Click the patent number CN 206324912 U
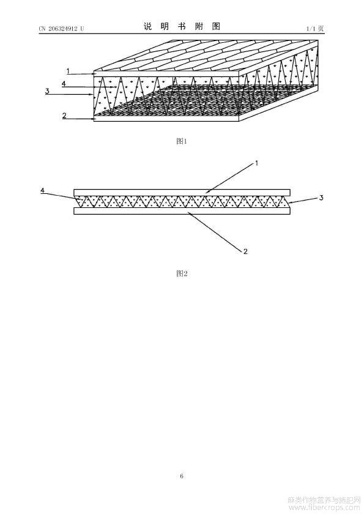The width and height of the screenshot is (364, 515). pos(61,28)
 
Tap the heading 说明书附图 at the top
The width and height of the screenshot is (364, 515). pos(182,26)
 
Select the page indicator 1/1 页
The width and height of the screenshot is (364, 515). pos(315,29)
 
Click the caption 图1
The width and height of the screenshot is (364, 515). pos(182,141)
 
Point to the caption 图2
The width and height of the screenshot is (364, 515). pos(182,273)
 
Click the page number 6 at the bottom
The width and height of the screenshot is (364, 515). pos(182,476)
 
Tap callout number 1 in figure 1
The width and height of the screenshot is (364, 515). pos(68,71)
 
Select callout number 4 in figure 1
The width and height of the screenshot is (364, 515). pos(64,84)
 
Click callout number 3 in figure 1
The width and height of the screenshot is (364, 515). pos(47,91)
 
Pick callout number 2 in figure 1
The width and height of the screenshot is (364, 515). pos(64,115)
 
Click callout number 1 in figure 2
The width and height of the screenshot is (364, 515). pos(256,163)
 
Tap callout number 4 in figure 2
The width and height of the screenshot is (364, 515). pos(43,190)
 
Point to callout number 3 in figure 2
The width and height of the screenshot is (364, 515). pos(321,198)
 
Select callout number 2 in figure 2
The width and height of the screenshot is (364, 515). pos(245,251)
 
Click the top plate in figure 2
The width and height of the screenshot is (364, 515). pos(182,192)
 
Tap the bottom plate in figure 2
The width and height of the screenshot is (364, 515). pos(182,211)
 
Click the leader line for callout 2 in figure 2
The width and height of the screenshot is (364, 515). pos(215,230)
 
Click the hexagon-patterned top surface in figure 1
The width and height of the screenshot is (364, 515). pos(206,55)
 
